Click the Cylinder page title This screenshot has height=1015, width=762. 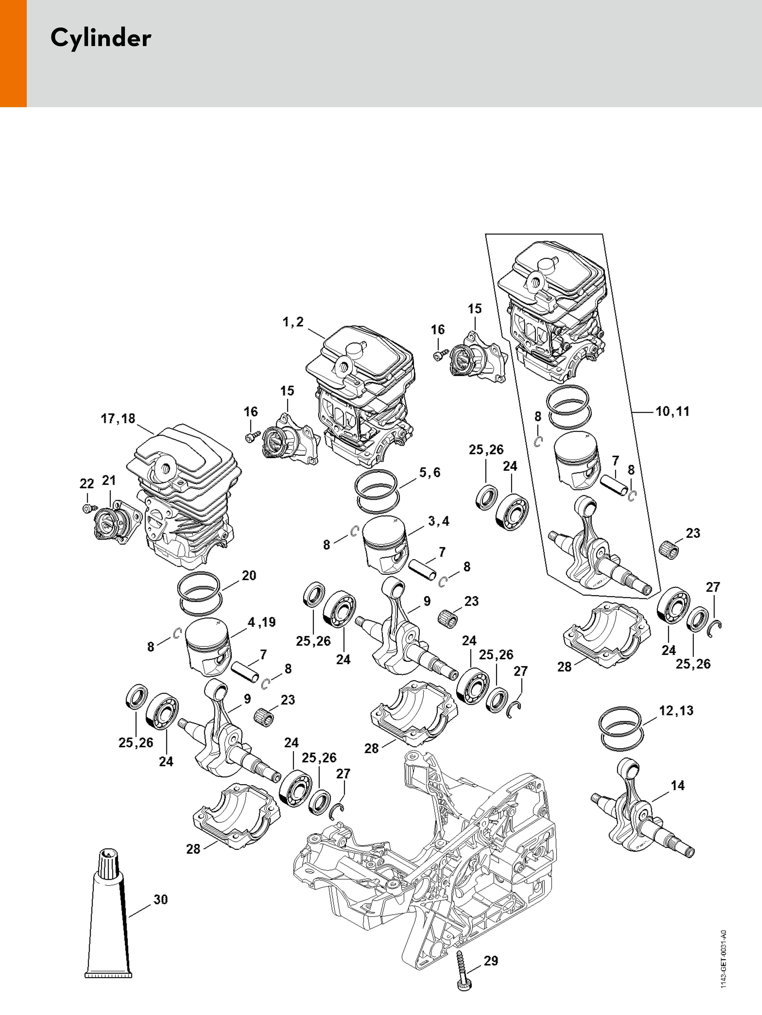tap(100, 38)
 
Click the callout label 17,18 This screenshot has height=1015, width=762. tap(118, 419)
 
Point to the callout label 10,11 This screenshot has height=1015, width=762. tap(673, 411)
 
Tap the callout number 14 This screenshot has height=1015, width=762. tap(678, 786)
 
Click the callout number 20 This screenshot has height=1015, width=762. tap(249, 575)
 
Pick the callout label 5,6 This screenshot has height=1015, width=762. tap(430, 473)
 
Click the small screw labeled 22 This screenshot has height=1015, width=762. tap(87, 508)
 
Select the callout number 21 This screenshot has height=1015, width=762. tap(109, 481)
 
